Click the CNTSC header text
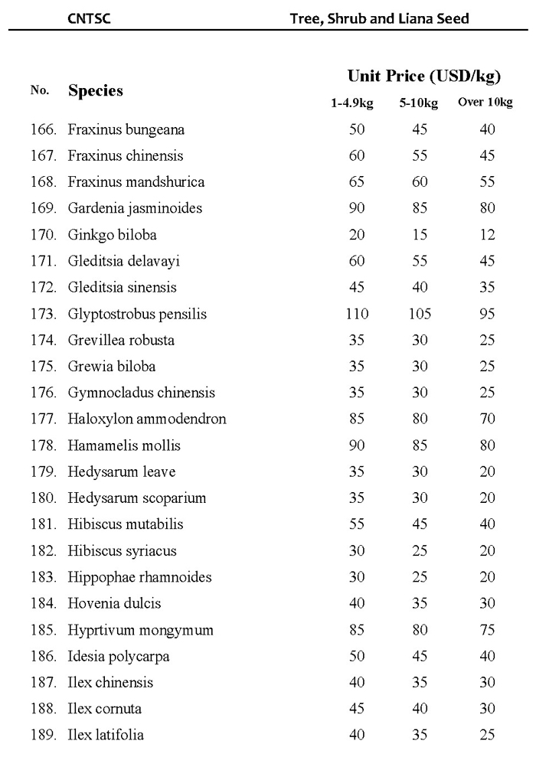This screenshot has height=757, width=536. tap(89, 18)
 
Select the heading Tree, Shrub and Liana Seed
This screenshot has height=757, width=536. tap(379, 18)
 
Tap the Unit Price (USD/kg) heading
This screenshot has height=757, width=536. tap(423, 76)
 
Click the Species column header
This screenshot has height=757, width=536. tap(96, 90)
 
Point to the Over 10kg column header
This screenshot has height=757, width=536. tap(485, 103)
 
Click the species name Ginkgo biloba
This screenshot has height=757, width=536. tap(112, 234)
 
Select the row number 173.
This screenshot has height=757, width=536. tap(43, 314)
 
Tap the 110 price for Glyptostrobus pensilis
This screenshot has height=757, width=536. tap(357, 314)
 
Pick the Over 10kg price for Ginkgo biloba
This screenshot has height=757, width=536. tap(487, 234)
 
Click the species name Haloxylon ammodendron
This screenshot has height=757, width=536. tap(147, 419)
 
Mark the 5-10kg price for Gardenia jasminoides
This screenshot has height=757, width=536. tap(419, 208)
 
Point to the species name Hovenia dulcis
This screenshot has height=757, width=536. tap(114, 603)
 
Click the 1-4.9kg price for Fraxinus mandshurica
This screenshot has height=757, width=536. tap(357, 182)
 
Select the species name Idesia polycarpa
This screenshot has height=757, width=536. tap(119, 656)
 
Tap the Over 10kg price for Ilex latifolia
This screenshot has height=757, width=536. tap(487, 735)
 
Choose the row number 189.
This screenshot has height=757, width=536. tap(43, 735)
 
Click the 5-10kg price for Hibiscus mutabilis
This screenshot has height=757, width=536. tap(419, 524)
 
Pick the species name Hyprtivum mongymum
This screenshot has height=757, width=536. tap(140, 630)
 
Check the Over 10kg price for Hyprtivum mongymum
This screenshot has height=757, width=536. tap(487, 630)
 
